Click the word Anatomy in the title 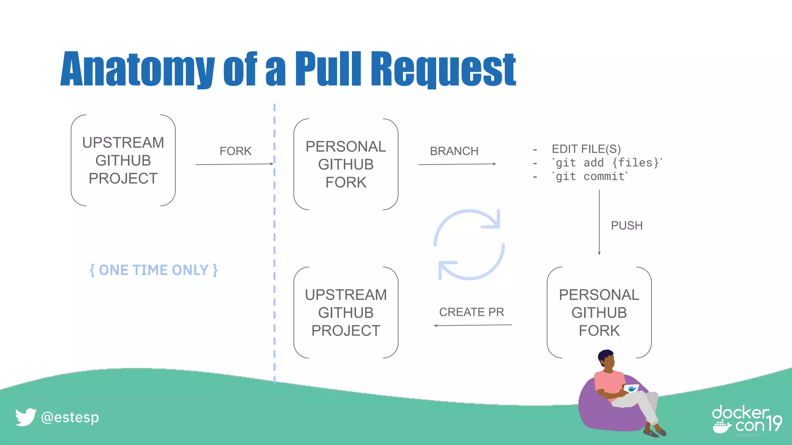[x=137, y=70]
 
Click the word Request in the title [x=443, y=70]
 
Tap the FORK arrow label [x=235, y=151]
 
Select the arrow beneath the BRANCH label [x=457, y=164]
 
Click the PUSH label [x=626, y=226]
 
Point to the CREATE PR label [x=471, y=312]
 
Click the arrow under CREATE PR [x=473, y=325]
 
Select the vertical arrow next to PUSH [x=599, y=222]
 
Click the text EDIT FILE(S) [x=586, y=149]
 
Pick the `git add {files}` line [x=607, y=163]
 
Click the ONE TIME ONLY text [x=154, y=270]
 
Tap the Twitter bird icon [x=26, y=417]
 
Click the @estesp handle [x=70, y=417]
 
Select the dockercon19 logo [x=746, y=420]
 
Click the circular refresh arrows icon [x=469, y=245]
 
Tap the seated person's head [x=606, y=359]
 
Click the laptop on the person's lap [x=631, y=389]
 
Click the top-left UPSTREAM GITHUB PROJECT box [x=123, y=160]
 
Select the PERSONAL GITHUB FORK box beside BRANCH [x=346, y=164]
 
